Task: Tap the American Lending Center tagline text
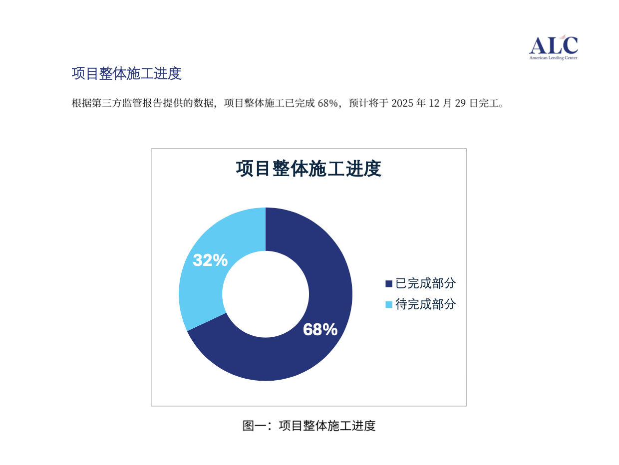(x=553, y=58)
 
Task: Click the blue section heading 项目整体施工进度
(x=126, y=73)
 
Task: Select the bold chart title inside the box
(x=309, y=169)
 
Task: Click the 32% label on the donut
(x=210, y=260)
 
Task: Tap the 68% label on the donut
(x=320, y=329)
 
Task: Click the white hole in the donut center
(x=266, y=294)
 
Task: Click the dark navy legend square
(x=389, y=284)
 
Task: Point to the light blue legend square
(x=389, y=305)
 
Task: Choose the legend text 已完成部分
(x=425, y=283)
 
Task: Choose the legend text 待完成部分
(x=425, y=304)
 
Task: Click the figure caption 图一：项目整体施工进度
(x=309, y=426)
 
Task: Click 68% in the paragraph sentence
(x=328, y=103)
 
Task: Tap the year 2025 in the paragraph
(x=402, y=103)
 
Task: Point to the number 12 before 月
(x=434, y=103)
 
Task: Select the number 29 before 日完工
(x=460, y=103)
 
